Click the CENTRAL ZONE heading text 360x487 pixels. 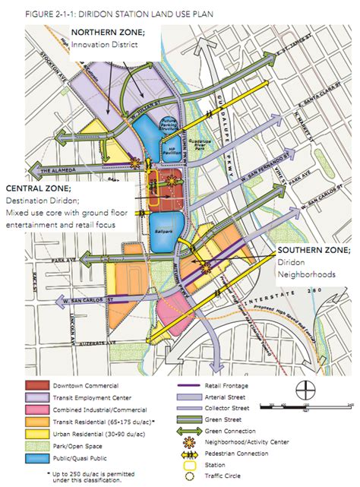click(x=39, y=188)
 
